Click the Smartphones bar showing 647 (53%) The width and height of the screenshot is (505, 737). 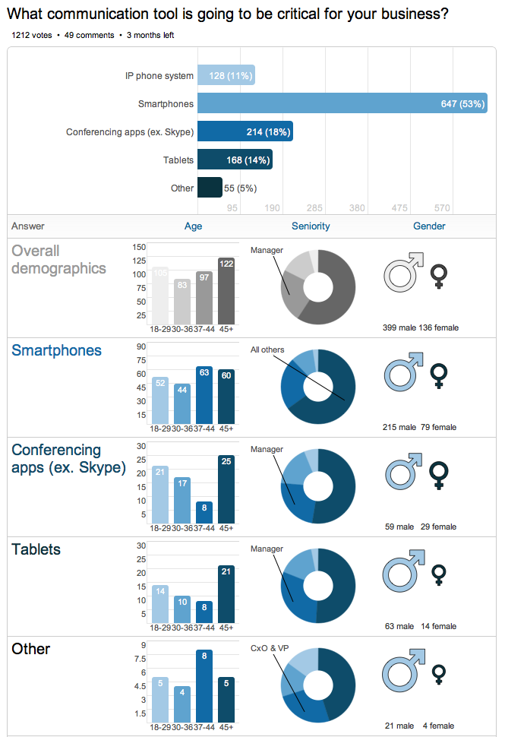(342, 103)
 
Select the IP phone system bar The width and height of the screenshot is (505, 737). (226, 75)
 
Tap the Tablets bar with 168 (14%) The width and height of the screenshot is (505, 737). (235, 160)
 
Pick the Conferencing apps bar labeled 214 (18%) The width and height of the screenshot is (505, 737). (245, 131)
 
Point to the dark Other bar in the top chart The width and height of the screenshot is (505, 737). (210, 188)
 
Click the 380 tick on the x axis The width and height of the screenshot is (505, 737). (357, 208)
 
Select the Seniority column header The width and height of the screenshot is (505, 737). (311, 226)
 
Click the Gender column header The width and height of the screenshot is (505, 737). (429, 226)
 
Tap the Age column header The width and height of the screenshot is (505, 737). (194, 226)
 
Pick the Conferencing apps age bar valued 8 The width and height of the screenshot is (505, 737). (204, 512)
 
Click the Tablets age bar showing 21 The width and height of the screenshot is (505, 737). (226, 594)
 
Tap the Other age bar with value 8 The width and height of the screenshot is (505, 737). (204, 686)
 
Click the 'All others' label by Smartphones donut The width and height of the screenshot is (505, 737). (267, 350)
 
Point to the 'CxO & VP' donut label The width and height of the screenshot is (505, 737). (270, 648)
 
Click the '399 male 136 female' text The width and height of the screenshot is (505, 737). (420, 328)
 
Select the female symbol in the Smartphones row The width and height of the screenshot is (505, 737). (438, 375)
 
